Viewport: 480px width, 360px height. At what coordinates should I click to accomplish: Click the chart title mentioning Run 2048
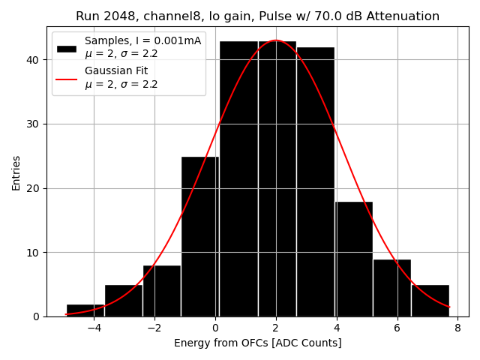coord(257,16)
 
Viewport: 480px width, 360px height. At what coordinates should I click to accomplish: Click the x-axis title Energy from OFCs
coord(257,343)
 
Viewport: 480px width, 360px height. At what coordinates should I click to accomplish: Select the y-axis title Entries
coord(16,172)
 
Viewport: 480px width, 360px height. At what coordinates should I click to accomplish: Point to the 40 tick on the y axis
coord(35,59)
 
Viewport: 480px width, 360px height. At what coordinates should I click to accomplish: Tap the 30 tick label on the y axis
coord(35,124)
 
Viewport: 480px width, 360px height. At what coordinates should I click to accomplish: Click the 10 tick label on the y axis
coord(35,252)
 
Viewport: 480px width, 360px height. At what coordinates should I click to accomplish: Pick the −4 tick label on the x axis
coord(94,328)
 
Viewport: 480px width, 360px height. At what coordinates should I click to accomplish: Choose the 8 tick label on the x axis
coord(457,328)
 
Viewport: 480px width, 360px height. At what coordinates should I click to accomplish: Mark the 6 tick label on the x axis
coord(397,328)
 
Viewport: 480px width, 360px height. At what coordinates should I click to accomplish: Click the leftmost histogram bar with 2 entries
coord(85,310)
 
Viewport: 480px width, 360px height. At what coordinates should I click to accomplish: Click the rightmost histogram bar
coord(430,301)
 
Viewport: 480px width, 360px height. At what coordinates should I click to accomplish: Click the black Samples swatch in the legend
coord(67,48)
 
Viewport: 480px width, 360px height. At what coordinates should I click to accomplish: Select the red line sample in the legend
coord(67,78)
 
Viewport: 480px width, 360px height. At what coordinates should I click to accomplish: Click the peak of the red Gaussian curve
coord(276,40)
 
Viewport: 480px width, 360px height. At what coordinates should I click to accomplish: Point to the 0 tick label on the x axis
coord(215,328)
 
